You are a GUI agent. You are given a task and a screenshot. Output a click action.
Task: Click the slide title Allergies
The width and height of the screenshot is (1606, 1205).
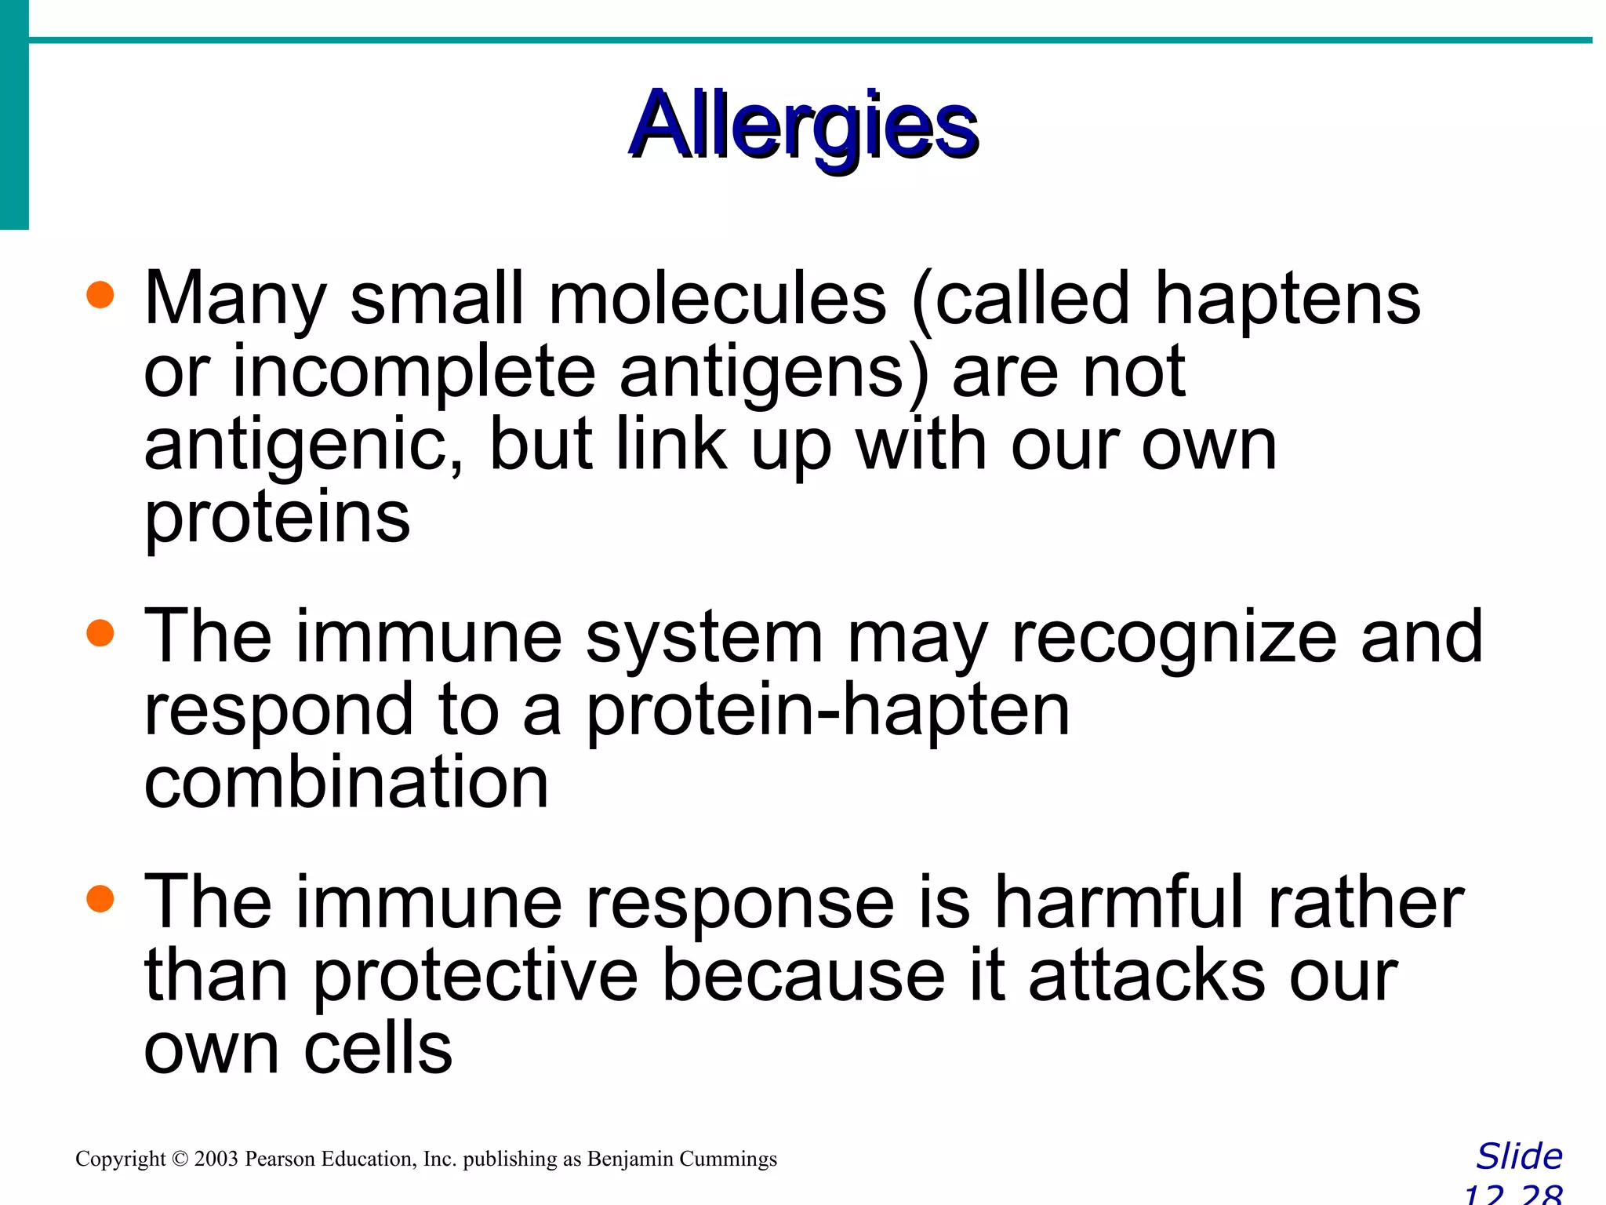click(803, 126)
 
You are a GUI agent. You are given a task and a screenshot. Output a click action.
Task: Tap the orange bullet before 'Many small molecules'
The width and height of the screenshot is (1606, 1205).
click(100, 297)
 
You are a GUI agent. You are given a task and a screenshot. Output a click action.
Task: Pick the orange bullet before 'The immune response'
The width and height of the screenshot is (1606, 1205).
click(100, 899)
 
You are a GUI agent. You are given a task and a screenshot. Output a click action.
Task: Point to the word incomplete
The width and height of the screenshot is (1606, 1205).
click(413, 373)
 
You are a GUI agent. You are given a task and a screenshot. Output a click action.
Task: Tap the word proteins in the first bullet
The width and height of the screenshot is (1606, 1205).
click(277, 519)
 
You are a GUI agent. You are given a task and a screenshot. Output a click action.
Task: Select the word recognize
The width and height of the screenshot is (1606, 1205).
click(1174, 638)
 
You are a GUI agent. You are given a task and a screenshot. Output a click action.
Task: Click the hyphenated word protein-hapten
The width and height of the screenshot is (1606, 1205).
click(827, 712)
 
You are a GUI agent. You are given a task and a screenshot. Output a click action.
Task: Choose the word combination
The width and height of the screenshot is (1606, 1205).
click(346, 783)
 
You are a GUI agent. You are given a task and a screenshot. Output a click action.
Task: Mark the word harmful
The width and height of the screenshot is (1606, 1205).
click(1119, 902)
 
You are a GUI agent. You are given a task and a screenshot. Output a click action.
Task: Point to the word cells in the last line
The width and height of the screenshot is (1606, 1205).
click(378, 1050)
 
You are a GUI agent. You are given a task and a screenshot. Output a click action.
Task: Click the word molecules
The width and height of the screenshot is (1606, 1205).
click(717, 300)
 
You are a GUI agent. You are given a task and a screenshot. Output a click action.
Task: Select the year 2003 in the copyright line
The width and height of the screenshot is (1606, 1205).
click(216, 1159)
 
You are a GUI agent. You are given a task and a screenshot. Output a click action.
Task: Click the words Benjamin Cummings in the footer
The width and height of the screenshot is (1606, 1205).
click(681, 1159)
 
